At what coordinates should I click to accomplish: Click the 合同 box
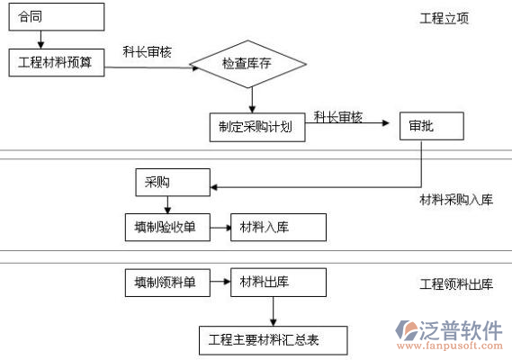point(57,17)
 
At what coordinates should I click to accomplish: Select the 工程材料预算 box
point(57,63)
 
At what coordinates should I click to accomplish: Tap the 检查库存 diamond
point(247,64)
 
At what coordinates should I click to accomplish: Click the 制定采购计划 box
point(257,128)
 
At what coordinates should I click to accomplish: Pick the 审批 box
point(432,126)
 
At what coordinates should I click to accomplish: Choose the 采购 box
point(173,183)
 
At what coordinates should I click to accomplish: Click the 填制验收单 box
point(167,228)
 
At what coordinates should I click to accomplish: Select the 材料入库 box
point(278,228)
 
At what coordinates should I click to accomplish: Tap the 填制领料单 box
point(167,283)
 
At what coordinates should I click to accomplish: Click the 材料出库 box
point(278,283)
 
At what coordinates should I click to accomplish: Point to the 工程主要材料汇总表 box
point(273,340)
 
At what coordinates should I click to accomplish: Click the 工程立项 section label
point(445,18)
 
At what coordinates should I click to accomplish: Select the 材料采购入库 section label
point(456,200)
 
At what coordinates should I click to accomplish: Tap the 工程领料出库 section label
point(456,284)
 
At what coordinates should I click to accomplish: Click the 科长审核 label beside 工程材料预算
point(147,52)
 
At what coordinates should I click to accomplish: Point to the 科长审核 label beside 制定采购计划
point(338,117)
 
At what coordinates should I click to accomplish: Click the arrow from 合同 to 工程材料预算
point(40,40)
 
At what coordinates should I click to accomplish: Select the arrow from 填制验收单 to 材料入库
point(220,228)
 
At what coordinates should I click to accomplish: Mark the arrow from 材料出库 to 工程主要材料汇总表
point(274,311)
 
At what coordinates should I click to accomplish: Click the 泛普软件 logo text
point(461,330)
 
